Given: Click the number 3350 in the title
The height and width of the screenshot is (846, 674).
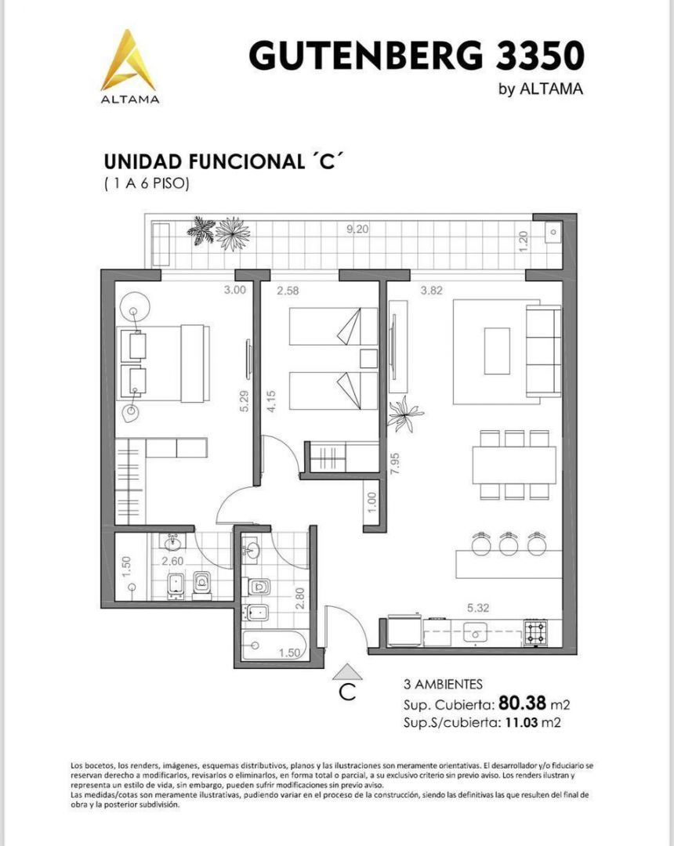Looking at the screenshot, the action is click(x=540, y=56).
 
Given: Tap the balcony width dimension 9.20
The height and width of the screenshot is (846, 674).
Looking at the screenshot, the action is click(x=357, y=229).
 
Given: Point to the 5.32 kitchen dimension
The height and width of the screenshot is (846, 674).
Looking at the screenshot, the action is click(x=478, y=608).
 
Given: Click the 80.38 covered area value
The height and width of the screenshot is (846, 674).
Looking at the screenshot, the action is click(x=523, y=703).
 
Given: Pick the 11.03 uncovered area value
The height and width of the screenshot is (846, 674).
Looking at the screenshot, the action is click(x=521, y=722).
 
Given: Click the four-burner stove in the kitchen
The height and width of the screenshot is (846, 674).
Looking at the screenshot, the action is click(x=534, y=632).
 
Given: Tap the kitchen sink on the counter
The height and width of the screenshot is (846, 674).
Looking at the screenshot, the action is click(x=475, y=632).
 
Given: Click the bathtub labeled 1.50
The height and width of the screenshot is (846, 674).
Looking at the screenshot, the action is click(x=274, y=645).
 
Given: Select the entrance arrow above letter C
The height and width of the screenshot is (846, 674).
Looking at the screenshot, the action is click(x=347, y=671).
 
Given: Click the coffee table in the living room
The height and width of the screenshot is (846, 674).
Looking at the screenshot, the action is click(x=497, y=351).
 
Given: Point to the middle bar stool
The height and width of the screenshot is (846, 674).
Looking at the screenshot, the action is click(x=509, y=544).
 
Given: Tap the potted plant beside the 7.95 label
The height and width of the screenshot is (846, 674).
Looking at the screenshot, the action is click(x=405, y=414).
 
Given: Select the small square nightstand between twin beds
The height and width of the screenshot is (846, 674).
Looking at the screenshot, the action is click(x=368, y=358).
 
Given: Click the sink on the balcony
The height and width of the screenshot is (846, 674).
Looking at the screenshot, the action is click(x=553, y=232).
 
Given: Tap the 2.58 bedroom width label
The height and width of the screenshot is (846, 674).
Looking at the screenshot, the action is click(x=288, y=291).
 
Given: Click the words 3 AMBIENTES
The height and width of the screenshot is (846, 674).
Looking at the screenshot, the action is click(x=443, y=685).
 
